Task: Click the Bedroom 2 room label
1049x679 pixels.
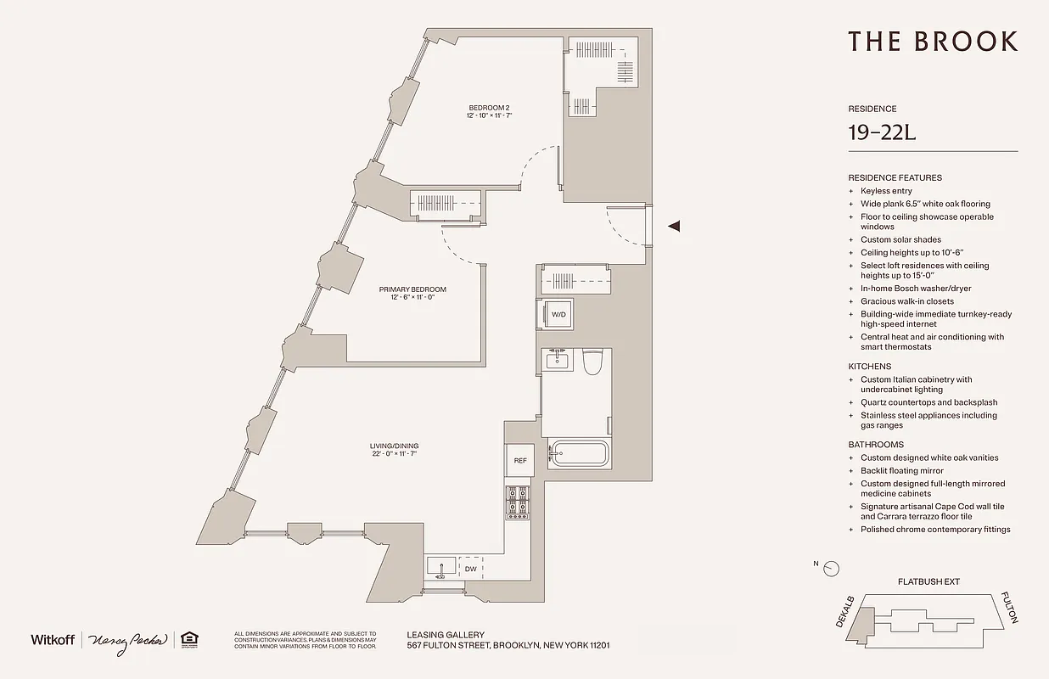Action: coord(489,108)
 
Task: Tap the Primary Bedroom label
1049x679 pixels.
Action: coord(412,289)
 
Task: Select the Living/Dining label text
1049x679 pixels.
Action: coord(395,446)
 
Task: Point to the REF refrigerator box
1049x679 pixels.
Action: coord(520,460)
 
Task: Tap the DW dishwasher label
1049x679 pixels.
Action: coord(469,569)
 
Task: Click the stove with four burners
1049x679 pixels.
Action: coord(518,502)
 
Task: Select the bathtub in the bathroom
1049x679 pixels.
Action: coord(579,454)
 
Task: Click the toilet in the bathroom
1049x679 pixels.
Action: coord(592,362)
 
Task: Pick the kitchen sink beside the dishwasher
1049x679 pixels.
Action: coord(440,566)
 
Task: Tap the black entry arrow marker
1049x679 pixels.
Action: coord(675,226)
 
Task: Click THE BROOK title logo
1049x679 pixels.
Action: coord(932,41)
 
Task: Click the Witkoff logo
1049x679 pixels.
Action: coord(53,639)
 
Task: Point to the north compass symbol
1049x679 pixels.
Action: coord(833,568)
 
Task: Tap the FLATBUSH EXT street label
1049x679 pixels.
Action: coord(928,582)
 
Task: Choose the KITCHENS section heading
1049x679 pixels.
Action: coord(869,367)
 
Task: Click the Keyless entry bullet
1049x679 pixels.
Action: coord(886,191)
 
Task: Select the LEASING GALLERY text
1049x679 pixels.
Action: coord(446,634)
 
